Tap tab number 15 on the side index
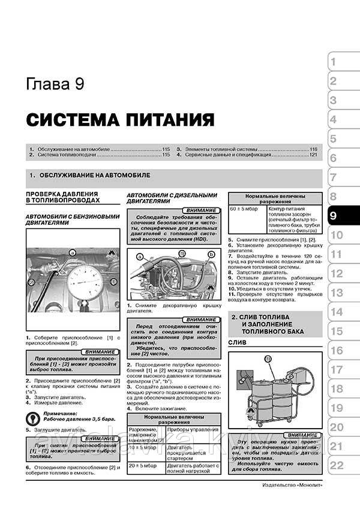click(x=337, y=331)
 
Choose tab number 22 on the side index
click(x=337, y=465)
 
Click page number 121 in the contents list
click(x=312, y=155)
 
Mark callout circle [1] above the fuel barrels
click(x=269, y=359)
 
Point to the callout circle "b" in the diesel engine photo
click(x=210, y=254)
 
